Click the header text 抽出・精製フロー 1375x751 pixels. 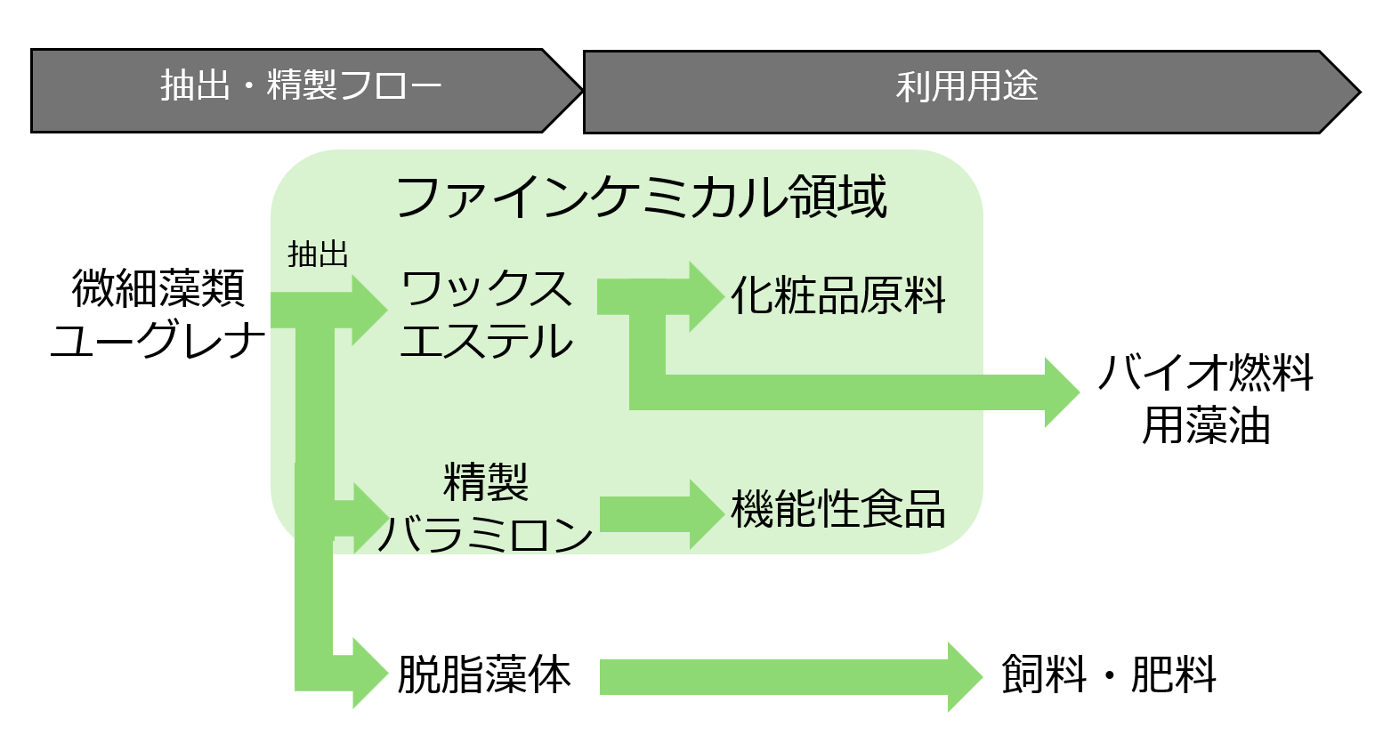(301, 86)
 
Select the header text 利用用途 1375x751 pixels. (967, 86)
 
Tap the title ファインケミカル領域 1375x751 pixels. (641, 197)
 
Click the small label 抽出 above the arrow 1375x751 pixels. (318, 254)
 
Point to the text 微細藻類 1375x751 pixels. (158, 288)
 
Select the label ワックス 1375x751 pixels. (486, 289)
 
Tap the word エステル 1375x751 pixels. (486, 342)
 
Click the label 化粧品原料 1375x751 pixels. (837, 296)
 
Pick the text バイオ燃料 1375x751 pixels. (1206, 373)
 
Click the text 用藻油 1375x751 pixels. (1206, 425)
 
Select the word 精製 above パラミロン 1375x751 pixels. (486, 482)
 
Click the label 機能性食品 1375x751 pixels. (837, 510)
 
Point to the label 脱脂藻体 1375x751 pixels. (484, 674)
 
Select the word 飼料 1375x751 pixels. (1043, 674)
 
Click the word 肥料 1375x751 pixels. (1173, 674)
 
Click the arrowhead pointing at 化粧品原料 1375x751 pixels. (706, 296)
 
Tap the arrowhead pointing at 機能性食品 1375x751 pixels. (706, 513)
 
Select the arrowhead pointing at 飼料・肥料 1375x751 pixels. (964, 676)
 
